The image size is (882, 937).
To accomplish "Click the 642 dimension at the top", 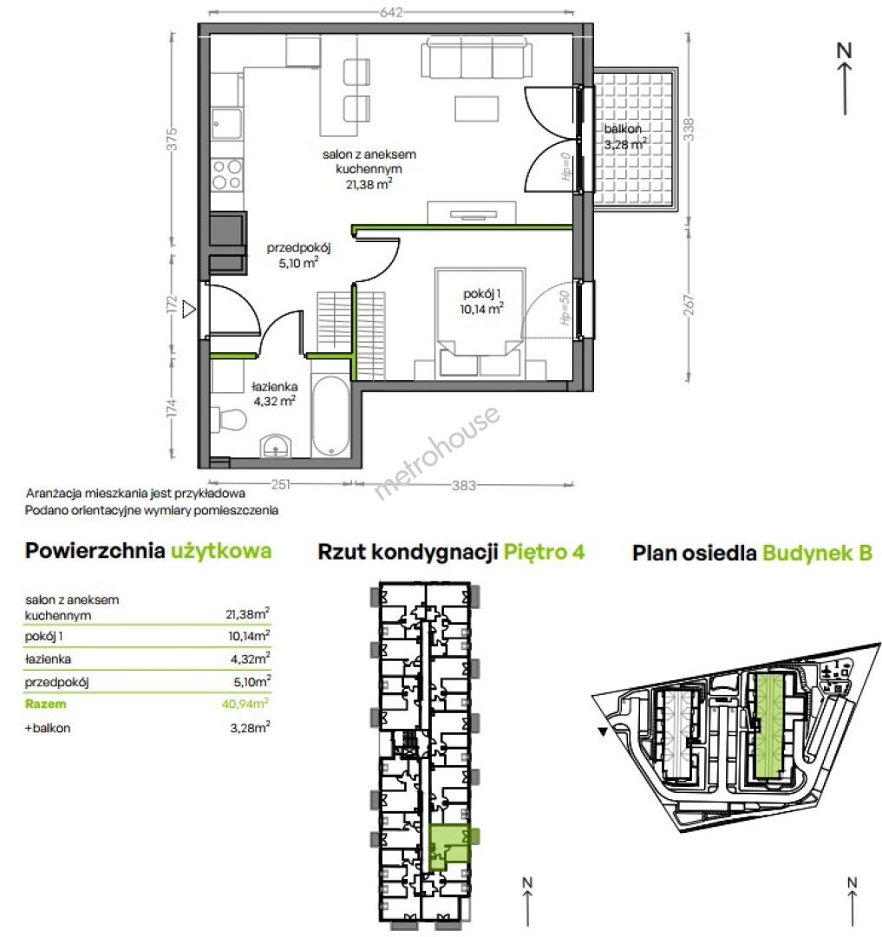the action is [x=391, y=12].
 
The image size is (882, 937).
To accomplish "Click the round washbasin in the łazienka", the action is [x=275, y=446].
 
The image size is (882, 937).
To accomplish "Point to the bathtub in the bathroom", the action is [x=330, y=416].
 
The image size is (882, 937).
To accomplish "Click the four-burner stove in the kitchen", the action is [x=227, y=174].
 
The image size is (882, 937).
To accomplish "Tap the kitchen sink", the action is [x=227, y=124].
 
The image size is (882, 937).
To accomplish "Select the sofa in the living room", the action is [x=476, y=57].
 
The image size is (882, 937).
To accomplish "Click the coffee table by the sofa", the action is [x=476, y=108].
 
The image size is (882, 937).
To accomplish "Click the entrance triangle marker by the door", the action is [x=189, y=309].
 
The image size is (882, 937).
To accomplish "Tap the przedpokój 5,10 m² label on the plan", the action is [x=298, y=254].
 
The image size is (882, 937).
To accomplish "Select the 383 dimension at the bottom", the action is [x=463, y=485].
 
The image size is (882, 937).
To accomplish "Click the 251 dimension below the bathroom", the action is [x=280, y=484].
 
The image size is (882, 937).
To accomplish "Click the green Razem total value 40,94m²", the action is [x=245, y=704].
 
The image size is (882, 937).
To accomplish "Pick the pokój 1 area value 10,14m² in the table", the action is [x=249, y=635].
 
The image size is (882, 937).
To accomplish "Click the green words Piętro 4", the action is [x=544, y=552].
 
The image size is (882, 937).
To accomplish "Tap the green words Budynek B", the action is [x=818, y=553].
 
